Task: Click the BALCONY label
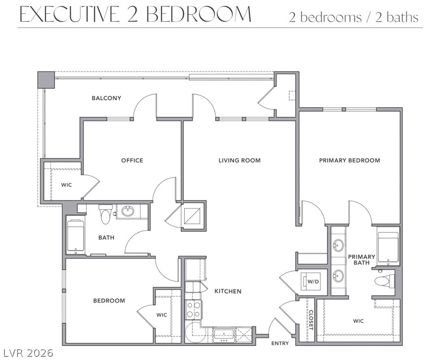[x=106, y=98]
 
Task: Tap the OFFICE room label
[x=132, y=160]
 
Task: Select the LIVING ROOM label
[x=239, y=160]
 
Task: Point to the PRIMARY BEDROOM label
[x=349, y=160]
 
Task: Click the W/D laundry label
[x=313, y=281]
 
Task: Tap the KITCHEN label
[x=228, y=291]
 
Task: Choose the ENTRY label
[x=280, y=343]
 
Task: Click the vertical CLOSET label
[x=311, y=320]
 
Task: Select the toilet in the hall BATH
[x=105, y=214]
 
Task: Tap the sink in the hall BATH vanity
[x=129, y=211]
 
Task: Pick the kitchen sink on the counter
[x=223, y=335]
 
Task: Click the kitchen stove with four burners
[x=193, y=310]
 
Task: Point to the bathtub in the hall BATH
[x=76, y=237]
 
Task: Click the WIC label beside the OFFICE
[x=66, y=185]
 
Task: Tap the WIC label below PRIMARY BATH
[x=358, y=321]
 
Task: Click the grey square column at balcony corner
[x=46, y=80]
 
